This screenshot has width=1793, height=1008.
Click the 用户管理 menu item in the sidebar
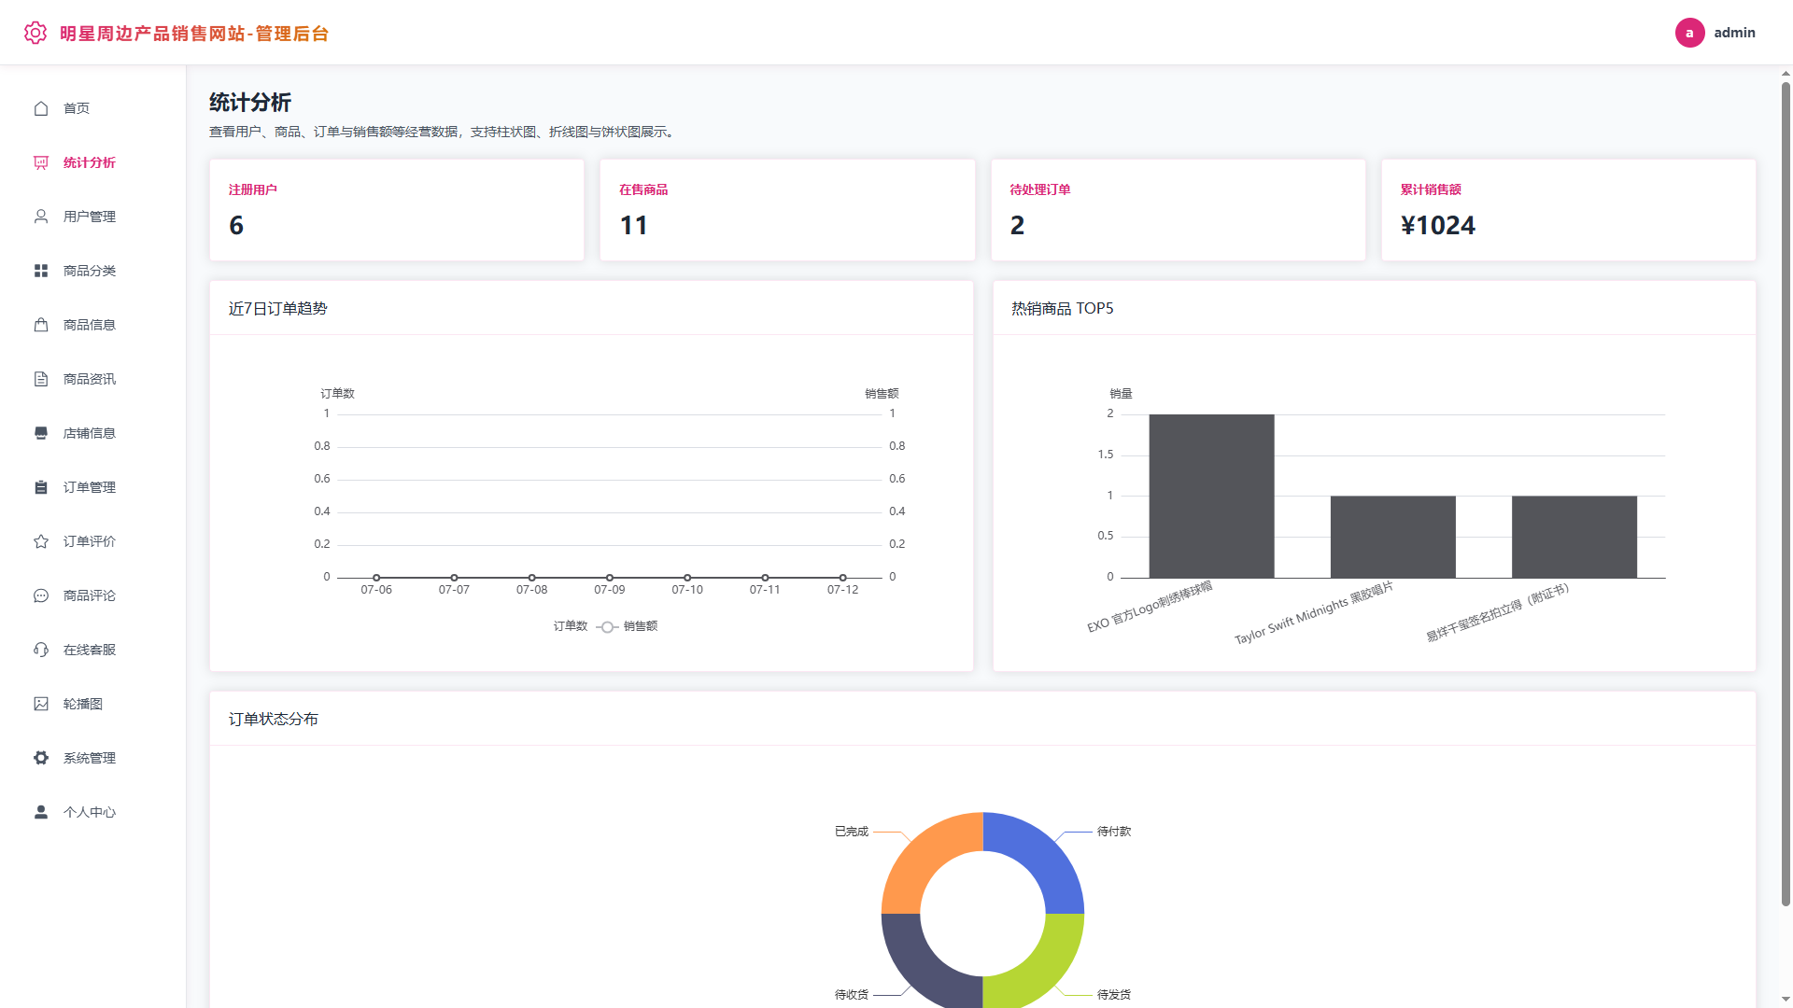tap(89, 217)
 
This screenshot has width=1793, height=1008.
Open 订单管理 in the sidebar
tap(89, 487)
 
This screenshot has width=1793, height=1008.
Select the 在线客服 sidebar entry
tap(89, 650)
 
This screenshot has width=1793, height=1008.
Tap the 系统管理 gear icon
tap(41, 758)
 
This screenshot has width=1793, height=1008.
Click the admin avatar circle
tap(1689, 33)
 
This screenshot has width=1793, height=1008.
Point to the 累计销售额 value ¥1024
tap(1437, 225)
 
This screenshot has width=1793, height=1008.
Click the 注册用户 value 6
tap(236, 225)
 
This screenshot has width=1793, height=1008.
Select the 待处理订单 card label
tap(1039, 189)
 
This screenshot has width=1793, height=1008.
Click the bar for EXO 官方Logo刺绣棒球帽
tap(1211, 496)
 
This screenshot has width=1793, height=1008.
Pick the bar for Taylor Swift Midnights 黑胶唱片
tap(1392, 537)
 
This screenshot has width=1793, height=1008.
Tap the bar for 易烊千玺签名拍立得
tap(1574, 537)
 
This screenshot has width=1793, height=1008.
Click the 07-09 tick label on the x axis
tap(609, 590)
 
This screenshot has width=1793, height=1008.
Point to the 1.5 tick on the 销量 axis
tap(1105, 455)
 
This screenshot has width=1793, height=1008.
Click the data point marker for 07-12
tap(842, 578)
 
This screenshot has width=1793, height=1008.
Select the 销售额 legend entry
tap(627, 626)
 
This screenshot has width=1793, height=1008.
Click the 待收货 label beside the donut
tap(851, 995)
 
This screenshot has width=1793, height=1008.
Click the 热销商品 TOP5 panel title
tap(1062, 309)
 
